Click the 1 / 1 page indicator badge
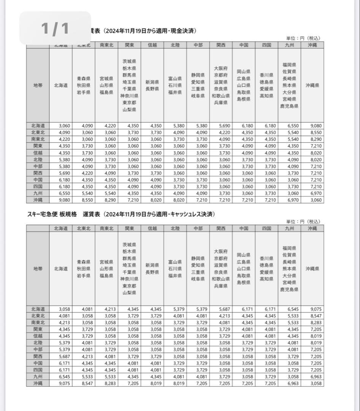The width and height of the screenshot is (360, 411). pyautogui.click(x=55, y=28)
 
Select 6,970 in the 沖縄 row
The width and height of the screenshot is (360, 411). pyautogui.click(x=289, y=200)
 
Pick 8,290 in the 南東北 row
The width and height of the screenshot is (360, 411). pyautogui.click(x=312, y=140)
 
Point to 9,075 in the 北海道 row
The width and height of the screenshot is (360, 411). pyautogui.click(x=312, y=309)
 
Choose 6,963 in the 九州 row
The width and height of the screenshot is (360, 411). pyautogui.click(x=312, y=377)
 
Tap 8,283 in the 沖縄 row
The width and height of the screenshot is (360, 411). pyautogui.click(x=106, y=383)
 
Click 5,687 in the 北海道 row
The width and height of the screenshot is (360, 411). pyautogui.click(x=221, y=309)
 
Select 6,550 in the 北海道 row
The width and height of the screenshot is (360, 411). pyautogui.click(x=289, y=126)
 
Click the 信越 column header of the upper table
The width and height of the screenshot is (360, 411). pyautogui.click(x=152, y=45)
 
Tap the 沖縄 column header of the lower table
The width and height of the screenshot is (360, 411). pyautogui.click(x=312, y=228)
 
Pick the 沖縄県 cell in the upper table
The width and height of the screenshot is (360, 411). pyautogui.click(x=312, y=86)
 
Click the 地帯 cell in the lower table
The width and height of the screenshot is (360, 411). pyautogui.click(x=38, y=269)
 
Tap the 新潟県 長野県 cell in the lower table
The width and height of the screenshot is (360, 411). pyautogui.click(x=152, y=269)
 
